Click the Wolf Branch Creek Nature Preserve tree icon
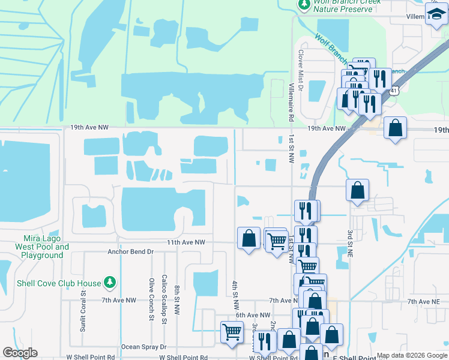(x=305, y=5)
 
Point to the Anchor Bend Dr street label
(x=130, y=252)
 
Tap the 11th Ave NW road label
(x=186, y=242)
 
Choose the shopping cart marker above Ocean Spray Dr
(x=232, y=332)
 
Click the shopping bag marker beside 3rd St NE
(x=357, y=190)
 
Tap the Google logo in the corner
(x=20, y=353)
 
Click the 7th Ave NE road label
(x=424, y=301)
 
